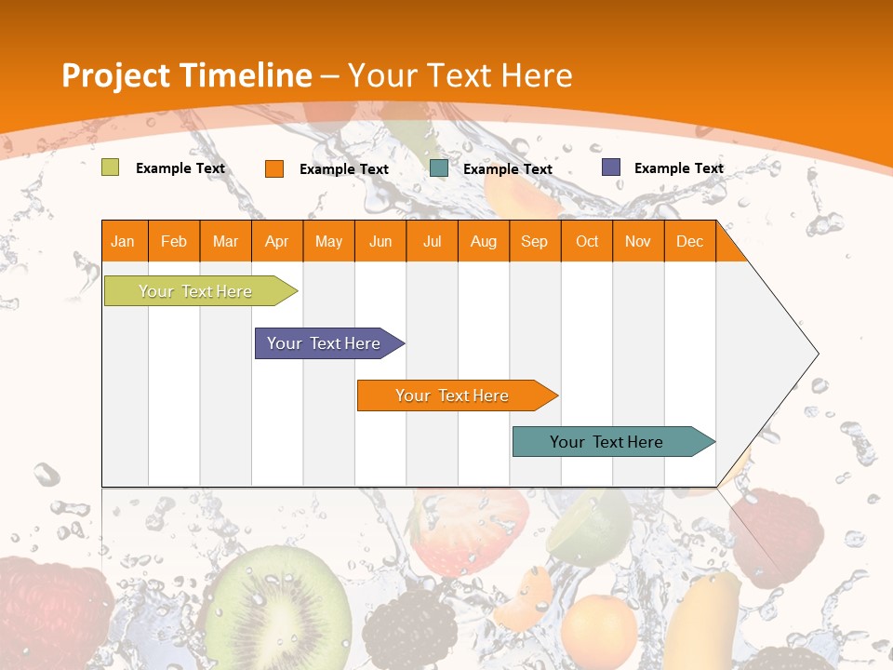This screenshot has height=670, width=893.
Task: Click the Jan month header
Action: point(123,242)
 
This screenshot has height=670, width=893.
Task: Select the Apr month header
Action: point(276,242)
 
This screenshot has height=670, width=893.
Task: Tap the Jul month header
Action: point(432,242)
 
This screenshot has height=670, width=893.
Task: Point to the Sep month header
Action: point(534,242)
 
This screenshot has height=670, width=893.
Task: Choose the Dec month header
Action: point(689,242)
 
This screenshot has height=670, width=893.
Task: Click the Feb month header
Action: point(174,242)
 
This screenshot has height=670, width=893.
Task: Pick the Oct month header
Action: point(587,242)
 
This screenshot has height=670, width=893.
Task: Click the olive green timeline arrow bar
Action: point(195,291)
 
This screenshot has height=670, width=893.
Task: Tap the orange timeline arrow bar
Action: point(453,395)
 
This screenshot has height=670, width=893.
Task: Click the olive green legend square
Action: point(111,167)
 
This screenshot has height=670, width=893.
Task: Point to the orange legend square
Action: point(274,168)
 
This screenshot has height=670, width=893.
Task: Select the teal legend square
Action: point(439,168)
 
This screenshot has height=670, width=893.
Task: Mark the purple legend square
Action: point(611,167)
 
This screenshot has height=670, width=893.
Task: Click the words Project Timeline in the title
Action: point(186,75)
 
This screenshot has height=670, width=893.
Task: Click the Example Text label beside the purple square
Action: point(678,168)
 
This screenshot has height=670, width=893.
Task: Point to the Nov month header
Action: point(638,242)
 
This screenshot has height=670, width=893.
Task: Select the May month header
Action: point(328,242)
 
